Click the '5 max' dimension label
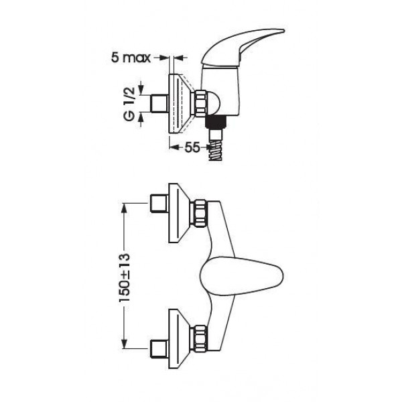[131, 58]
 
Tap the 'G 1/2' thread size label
[129, 104]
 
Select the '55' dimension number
[192, 147]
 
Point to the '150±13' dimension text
[125, 277]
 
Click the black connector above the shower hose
[216, 122]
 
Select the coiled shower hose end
[216, 152]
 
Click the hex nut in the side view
[200, 103]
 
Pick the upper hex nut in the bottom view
[200, 214]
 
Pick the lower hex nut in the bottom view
[200, 338]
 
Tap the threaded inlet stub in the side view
[159, 104]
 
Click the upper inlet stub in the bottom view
[159, 204]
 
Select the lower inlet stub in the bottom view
[159, 348]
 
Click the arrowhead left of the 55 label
[174, 147]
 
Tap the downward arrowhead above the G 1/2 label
[141, 90]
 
